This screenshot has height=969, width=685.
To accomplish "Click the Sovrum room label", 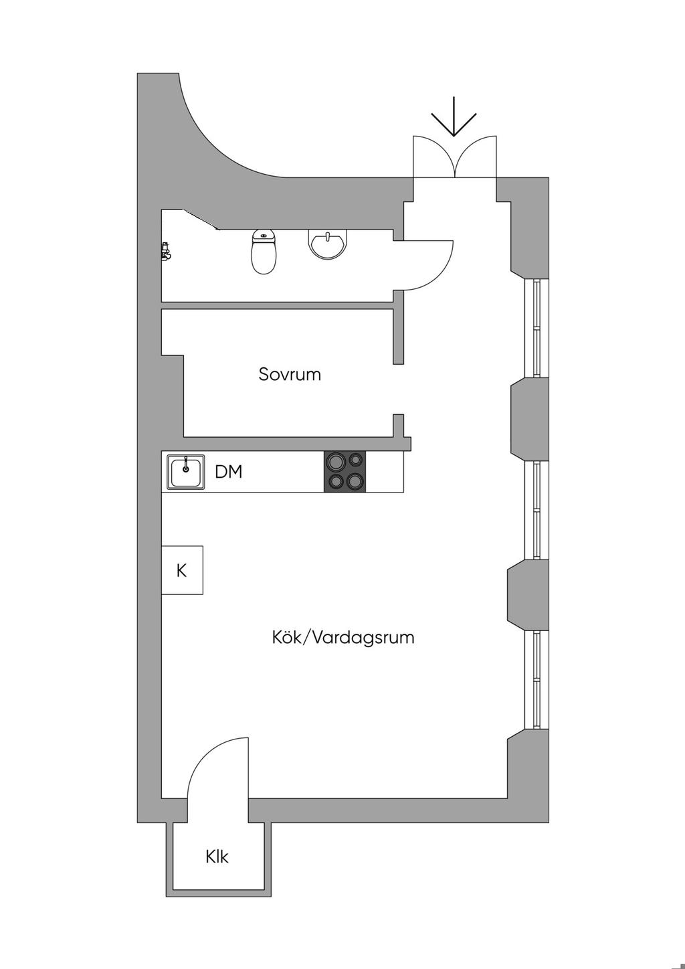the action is pos(290,374).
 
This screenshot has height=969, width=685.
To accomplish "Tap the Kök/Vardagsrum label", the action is pos(342,637).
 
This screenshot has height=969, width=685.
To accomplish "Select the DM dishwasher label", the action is pos(228,472).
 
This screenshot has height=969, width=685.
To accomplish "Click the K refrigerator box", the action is pos(182,570).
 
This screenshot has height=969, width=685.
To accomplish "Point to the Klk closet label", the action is pos(217,857).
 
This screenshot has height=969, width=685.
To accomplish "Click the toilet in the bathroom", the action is pos(264,252).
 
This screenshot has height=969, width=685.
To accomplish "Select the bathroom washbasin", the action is pos(328,244).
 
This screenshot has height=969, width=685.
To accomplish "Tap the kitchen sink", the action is pos(185,472).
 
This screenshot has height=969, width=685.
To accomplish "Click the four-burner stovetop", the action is pos(345,472).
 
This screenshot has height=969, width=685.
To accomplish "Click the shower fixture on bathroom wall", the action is pos(165,251).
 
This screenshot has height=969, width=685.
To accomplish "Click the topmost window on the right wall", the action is pos(536,328).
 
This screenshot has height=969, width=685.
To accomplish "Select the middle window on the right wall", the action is pos(536,510).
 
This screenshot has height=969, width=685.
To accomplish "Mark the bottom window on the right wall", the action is pos(536,679).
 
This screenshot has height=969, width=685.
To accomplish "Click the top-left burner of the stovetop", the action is pos(334,461).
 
